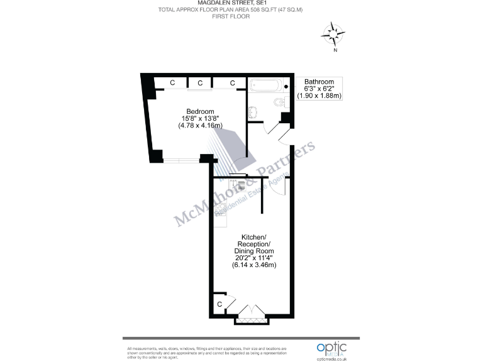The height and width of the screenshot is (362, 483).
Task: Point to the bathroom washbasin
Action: pyautogui.click(x=253, y=112)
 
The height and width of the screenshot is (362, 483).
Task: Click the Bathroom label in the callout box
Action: pyautogui.click(x=319, y=82)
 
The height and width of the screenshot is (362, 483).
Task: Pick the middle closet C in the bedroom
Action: pyautogui.click(x=200, y=83)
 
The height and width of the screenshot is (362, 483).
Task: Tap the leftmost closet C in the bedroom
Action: pyautogui.click(x=172, y=83)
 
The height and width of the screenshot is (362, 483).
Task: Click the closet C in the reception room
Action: pyautogui.click(x=219, y=304)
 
